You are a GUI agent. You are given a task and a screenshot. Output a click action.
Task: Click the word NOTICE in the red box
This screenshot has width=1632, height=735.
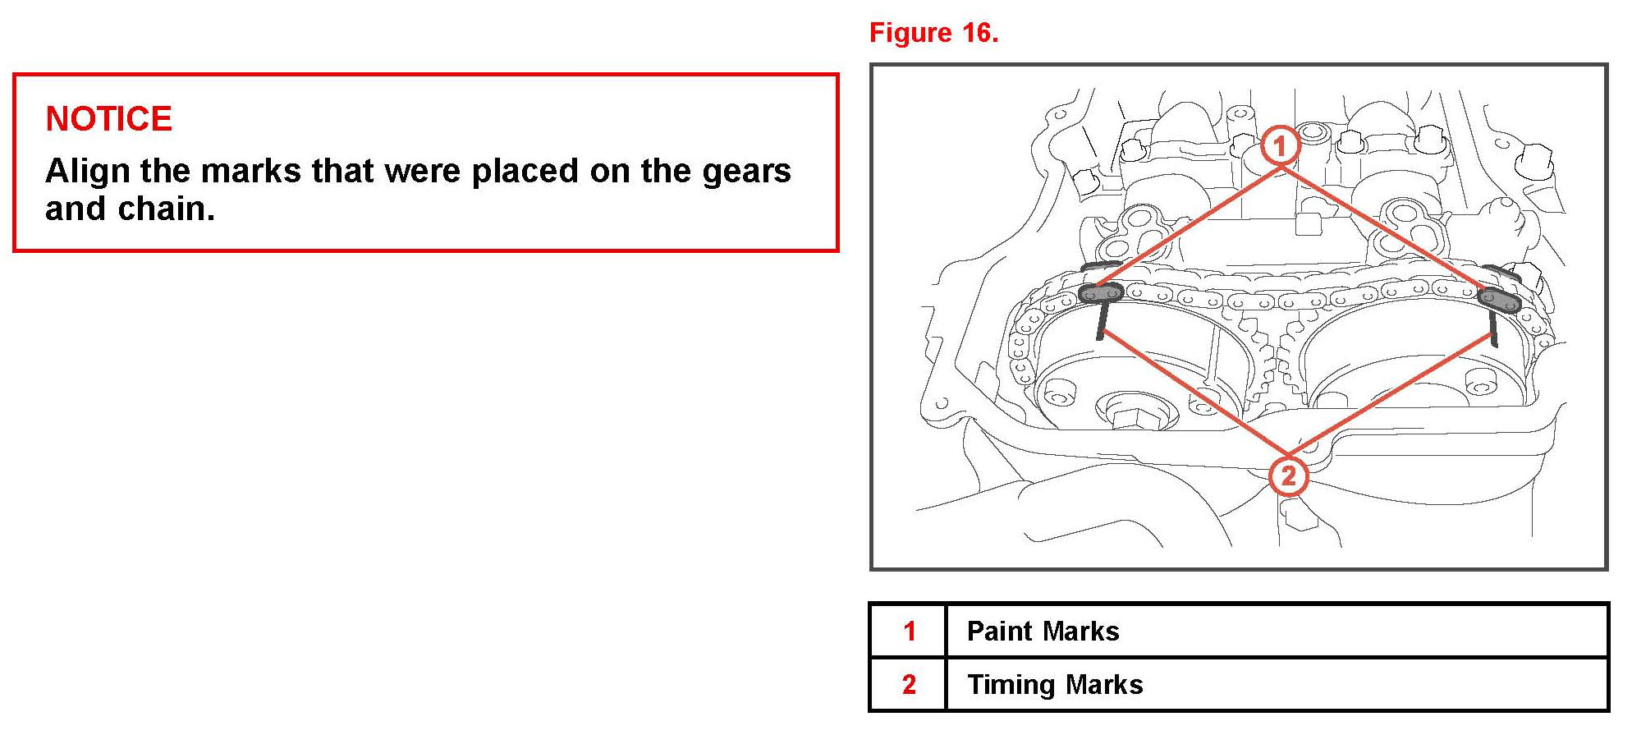pos(108,119)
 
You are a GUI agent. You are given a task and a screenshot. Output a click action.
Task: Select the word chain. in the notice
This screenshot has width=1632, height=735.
pos(167,209)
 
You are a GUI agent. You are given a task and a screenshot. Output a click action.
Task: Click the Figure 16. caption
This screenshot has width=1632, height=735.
pos(933,33)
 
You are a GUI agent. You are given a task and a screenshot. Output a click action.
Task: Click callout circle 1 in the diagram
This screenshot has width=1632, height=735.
pos(1279,146)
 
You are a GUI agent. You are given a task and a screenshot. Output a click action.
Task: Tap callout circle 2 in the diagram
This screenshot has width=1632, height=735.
pos(1287,475)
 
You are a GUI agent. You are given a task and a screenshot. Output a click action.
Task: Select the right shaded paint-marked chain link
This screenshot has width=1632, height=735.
pos(1499,301)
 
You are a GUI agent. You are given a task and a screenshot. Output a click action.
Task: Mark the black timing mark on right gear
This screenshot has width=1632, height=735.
pos(1494,328)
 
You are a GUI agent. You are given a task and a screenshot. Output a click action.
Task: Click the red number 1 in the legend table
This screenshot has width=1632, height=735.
pos(909,631)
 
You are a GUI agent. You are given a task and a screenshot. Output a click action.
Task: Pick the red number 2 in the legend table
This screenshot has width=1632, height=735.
pos(909,684)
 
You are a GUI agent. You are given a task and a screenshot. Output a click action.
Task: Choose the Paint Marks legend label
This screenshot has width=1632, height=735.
pos(1043,631)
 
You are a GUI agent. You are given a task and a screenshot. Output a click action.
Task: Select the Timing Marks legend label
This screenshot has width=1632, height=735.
pos(1055,684)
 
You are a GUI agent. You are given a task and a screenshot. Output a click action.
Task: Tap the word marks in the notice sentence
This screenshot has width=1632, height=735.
pos(250,171)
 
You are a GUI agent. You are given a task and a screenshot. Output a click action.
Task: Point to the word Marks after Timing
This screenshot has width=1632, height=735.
pos(1104,684)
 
